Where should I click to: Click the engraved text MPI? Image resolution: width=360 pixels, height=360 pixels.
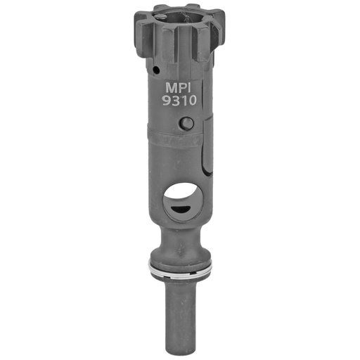pos(178,88)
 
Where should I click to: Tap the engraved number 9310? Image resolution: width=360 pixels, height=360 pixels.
pos(179,101)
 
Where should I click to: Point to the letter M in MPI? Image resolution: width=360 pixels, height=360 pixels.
pos(171,88)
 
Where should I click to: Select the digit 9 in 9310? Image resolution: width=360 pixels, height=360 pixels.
pos(167,101)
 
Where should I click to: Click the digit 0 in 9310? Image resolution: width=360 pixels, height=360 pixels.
pos(192,101)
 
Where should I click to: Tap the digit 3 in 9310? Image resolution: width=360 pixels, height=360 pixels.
pos(176,101)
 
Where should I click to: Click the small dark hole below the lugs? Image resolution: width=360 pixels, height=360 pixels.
pos(156,70)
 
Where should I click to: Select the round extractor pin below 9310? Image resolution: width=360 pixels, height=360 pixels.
pos(186,123)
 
